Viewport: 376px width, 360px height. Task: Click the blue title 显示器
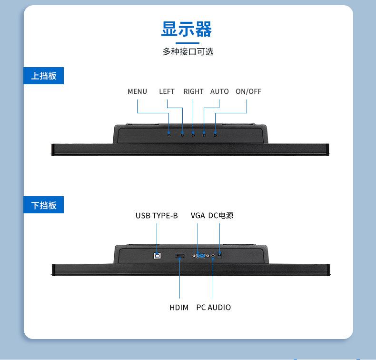[187, 30]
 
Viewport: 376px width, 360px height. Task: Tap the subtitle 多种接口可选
[188, 52]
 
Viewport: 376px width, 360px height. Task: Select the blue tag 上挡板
[44, 76]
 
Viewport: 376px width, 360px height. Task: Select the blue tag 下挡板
[44, 205]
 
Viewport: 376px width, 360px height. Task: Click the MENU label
[137, 91]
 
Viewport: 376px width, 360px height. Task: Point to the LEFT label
[167, 91]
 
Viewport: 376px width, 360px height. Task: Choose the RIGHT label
[193, 91]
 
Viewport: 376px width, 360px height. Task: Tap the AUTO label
[219, 91]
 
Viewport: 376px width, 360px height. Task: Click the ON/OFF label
[248, 91]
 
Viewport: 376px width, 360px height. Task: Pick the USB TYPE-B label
[157, 216]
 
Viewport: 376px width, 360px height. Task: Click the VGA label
[198, 216]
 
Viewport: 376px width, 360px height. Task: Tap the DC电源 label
[220, 216]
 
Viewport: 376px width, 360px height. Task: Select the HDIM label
[179, 308]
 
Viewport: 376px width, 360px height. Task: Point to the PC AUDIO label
[213, 308]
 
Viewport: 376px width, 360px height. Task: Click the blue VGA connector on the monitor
[201, 256]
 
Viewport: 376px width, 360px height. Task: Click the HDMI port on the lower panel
[179, 257]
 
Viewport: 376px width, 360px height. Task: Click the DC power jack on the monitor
[219, 255]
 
